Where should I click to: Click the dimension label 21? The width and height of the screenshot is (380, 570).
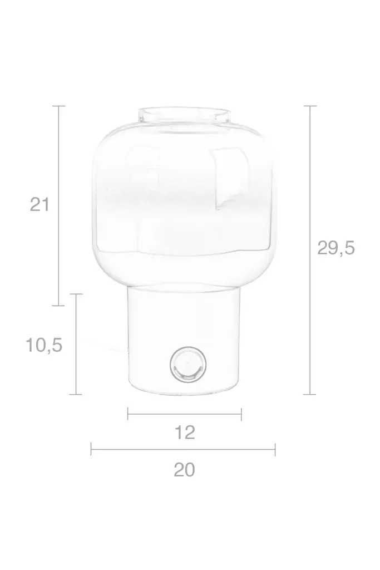tap(40, 205)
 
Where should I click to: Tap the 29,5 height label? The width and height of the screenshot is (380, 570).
tap(335, 248)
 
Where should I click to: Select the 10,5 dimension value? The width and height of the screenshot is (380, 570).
tap(44, 345)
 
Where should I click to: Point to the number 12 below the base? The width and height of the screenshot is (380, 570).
tap(185, 433)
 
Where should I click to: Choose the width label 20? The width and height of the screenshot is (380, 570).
tap(184, 470)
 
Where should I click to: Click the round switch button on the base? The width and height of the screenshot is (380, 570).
tap(188, 364)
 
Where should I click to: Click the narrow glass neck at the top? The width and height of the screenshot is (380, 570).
tap(184, 115)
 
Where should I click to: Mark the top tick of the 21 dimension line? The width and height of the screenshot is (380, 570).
tap(59, 106)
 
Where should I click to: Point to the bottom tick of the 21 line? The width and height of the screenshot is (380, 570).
tap(59, 306)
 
